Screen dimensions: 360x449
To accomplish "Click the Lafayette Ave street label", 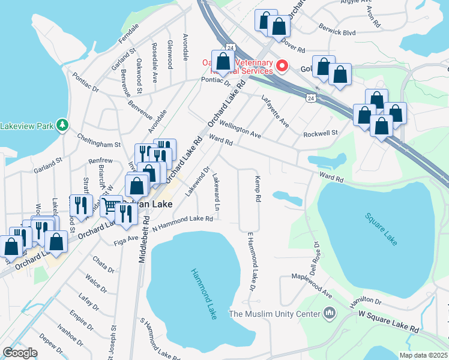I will tap(275, 112).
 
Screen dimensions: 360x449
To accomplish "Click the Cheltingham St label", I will tap(99, 144).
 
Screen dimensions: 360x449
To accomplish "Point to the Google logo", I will tap(20, 353).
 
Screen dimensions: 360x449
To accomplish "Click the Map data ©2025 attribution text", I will tap(423, 355).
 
